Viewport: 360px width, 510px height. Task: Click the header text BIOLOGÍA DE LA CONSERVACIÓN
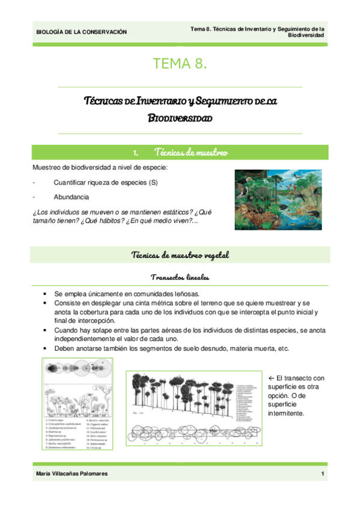[x=81, y=32]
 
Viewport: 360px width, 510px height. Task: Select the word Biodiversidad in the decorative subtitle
[x=180, y=119]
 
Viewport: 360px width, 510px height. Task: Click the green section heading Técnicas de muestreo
[x=191, y=153]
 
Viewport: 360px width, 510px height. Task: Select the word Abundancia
[x=72, y=197]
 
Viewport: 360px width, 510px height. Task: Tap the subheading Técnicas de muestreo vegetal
[x=180, y=256]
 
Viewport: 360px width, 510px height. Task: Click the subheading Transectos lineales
[x=180, y=277]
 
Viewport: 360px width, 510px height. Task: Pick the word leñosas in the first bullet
[x=185, y=293]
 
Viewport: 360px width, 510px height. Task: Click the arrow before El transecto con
[x=270, y=378]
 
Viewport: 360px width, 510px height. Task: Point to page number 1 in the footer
[x=323, y=475]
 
